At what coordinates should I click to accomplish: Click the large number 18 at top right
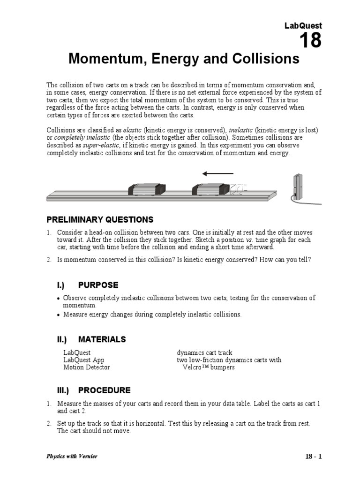310,41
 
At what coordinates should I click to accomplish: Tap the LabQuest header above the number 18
303,26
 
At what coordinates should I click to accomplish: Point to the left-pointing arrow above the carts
217,174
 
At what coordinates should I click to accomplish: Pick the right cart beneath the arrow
210,190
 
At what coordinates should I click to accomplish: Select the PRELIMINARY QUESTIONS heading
99,219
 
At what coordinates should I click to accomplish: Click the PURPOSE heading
98,285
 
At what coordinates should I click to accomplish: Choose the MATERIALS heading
102,339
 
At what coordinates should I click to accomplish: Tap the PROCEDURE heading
104,390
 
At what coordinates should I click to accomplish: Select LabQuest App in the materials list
83,360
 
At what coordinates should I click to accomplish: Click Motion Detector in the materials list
86,367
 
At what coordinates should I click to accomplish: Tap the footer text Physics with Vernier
72,456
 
